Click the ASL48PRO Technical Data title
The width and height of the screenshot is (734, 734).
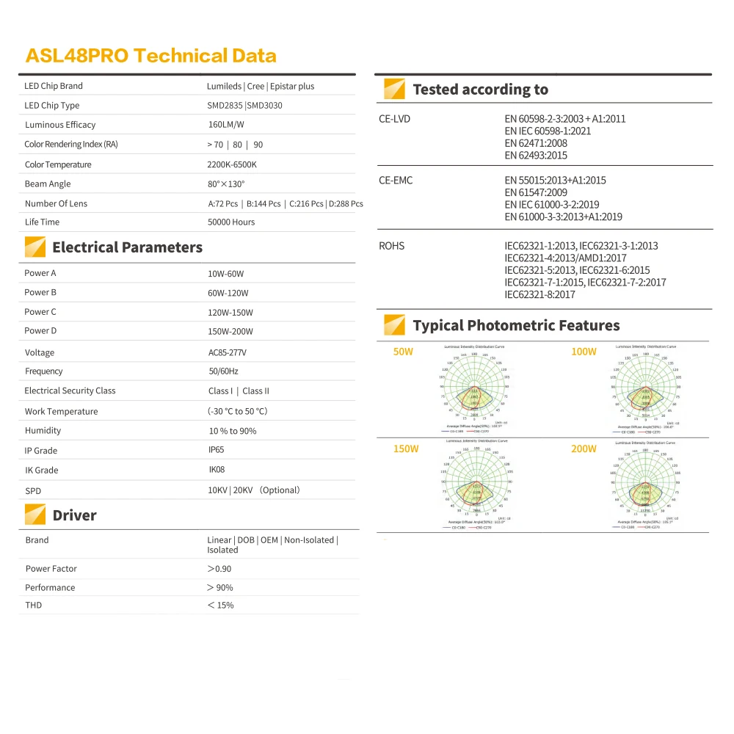coord(150,56)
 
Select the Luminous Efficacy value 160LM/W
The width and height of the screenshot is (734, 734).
coord(226,125)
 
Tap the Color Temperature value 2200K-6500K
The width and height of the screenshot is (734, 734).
coord(232,164)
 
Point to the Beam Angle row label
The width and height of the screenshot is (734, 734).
coord(48,184)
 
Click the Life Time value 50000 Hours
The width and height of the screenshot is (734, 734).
coord(231,222)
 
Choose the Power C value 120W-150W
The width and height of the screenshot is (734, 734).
coord(230,312)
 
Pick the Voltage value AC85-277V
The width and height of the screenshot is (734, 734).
coord(228,352)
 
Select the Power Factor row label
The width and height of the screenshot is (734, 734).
coord(51,569)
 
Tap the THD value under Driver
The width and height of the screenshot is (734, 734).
coord(220,606)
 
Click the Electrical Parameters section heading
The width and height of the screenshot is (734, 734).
coord(127,247)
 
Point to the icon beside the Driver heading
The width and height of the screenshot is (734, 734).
coord(35,515)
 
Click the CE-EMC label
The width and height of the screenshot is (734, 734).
coord(396,181)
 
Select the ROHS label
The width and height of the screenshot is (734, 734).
coord(391,246)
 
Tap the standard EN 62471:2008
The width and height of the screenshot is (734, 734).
coord(536,143)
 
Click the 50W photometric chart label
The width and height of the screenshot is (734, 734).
coord(403,352)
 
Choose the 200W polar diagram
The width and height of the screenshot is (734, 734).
coord(646,485)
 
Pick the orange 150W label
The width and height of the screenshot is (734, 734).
coord(405,448)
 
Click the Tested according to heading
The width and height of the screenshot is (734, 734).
coord(480,90)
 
